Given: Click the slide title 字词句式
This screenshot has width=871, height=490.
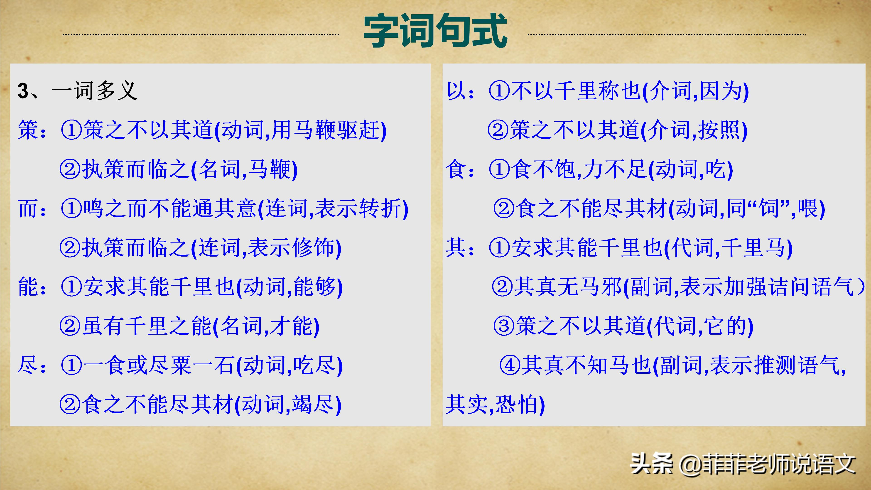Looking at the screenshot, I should click(435, 31).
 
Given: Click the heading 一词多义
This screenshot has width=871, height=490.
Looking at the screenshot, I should click(94, 91).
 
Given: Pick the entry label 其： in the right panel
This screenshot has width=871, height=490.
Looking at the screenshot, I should click(460, 248).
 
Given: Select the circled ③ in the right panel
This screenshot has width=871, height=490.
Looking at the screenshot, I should click(504, 326).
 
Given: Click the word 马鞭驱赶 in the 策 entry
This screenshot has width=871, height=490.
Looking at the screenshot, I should click(337, 130).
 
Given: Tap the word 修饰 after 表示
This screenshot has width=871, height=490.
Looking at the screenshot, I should click(313, 248).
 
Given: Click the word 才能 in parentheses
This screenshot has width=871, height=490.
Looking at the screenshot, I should click(291, 326).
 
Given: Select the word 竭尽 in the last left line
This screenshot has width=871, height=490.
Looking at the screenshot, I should click(313, 405).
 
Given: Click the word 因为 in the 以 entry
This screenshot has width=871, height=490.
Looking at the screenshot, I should click(720, 91).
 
